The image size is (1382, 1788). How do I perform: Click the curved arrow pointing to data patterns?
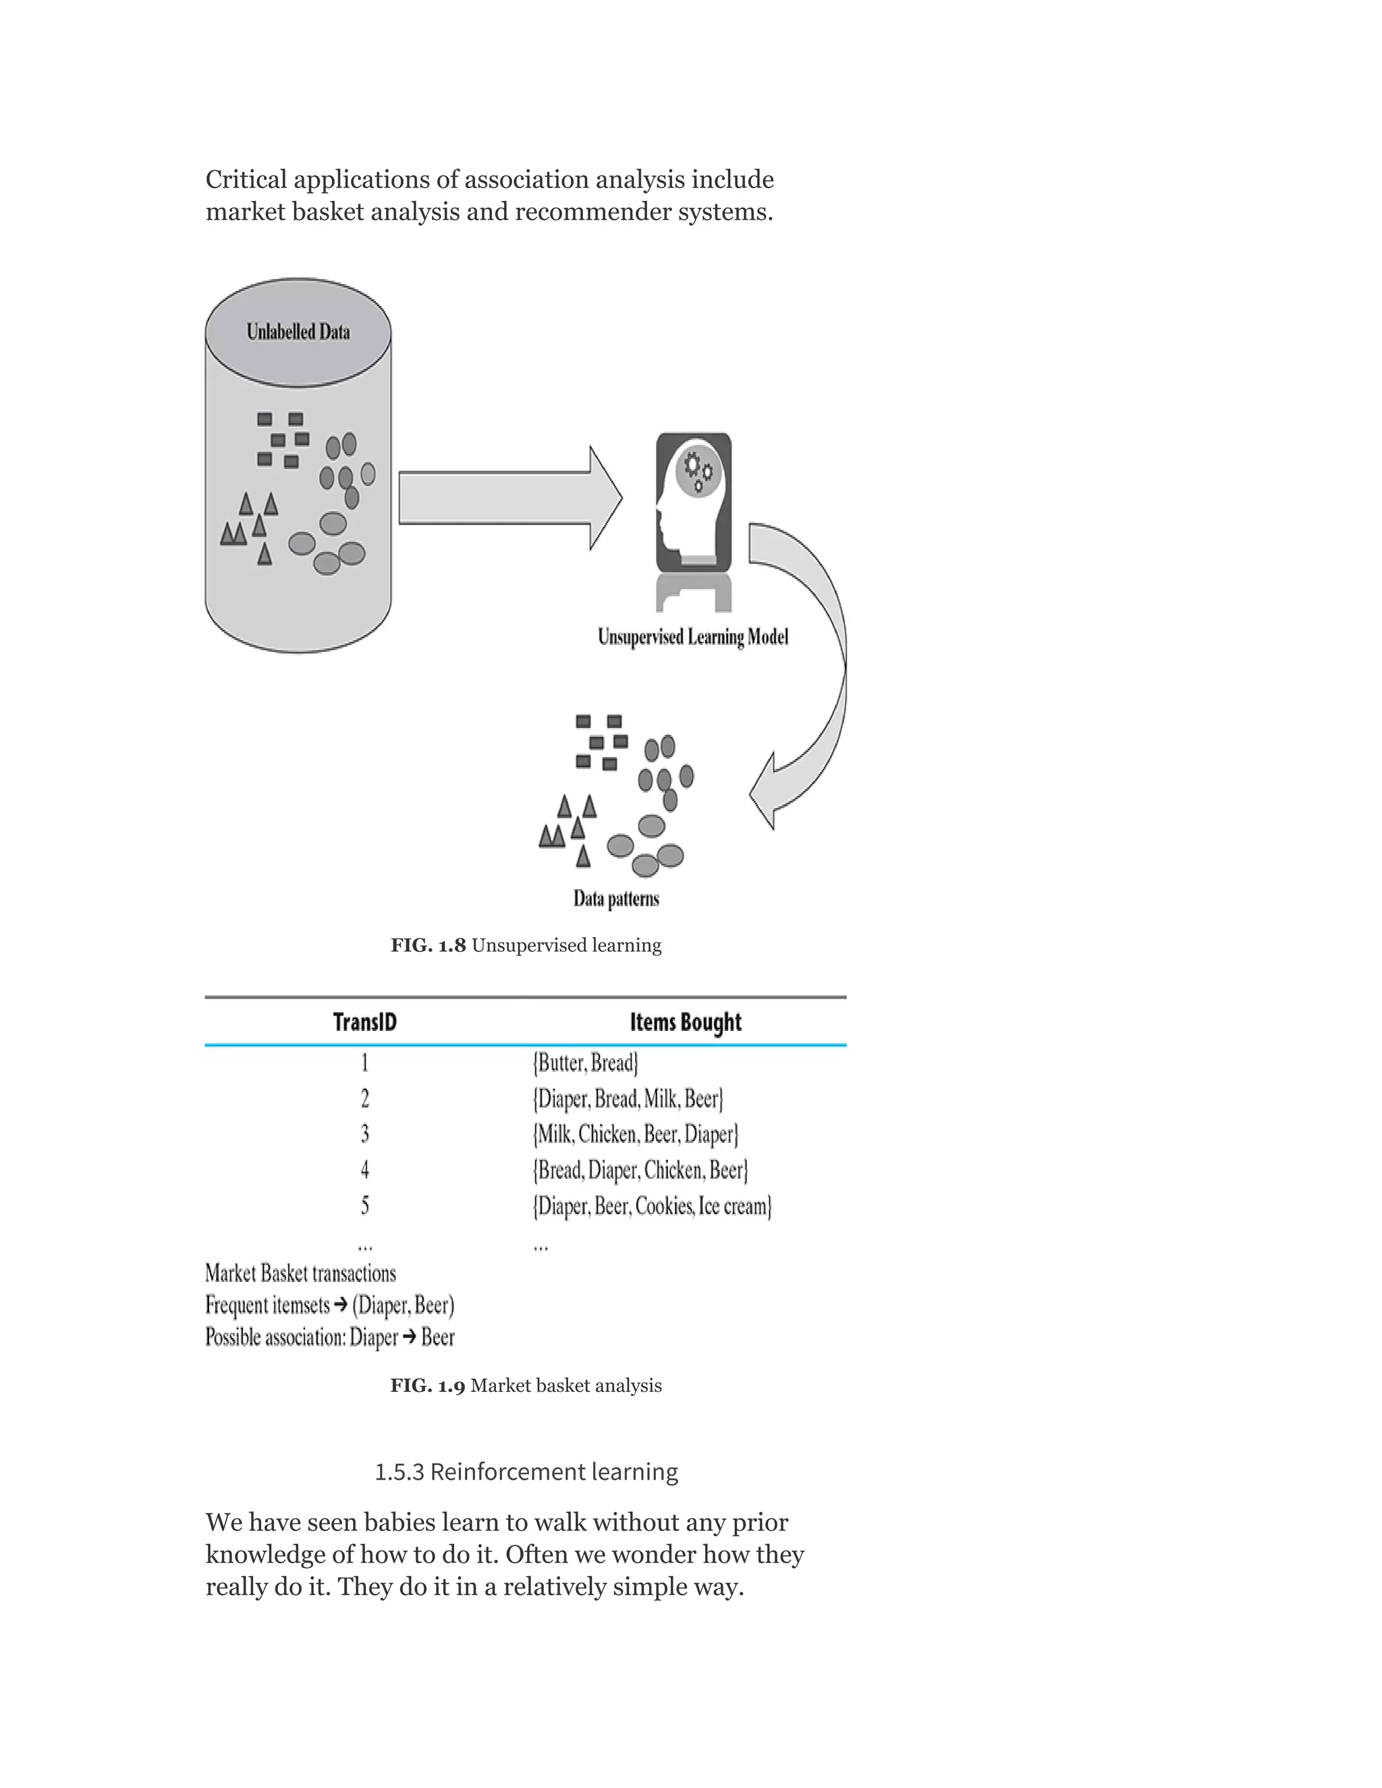(810, 671)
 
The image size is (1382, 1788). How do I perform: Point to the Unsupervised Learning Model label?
(692, 637)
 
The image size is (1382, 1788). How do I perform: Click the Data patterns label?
(615, 899)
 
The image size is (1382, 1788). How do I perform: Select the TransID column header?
(365, 1022)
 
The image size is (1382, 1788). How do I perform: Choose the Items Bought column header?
(686, 1022)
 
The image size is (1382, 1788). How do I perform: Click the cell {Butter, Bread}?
(585, 1063)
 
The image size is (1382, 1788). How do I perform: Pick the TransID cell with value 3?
(365, 1134)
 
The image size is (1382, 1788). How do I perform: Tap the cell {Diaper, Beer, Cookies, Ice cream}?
(652, 1206)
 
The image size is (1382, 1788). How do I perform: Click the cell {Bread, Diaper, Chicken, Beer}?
(640, 1170)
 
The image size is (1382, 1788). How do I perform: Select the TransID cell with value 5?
(365, 1205)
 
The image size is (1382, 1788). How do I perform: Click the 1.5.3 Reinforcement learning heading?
(526, 1472)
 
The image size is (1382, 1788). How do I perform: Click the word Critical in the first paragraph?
(246, 179)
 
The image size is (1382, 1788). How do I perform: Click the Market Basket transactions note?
(300, 1274)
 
